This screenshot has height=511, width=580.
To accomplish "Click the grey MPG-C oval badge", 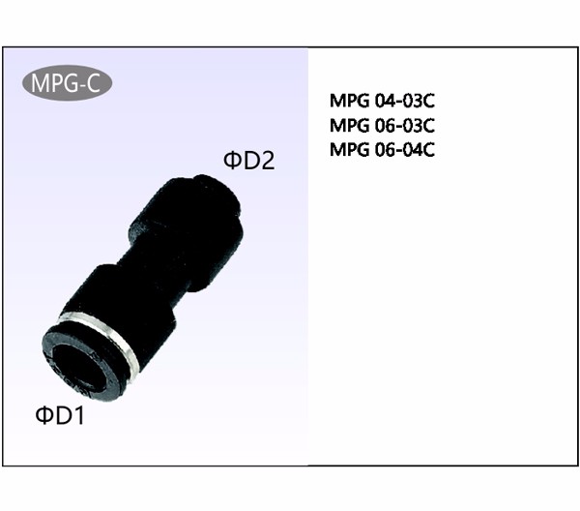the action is (x=67, y=83).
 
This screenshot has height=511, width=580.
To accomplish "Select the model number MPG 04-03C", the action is (x=382, y=101).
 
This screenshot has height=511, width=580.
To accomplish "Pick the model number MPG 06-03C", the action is (x=382, y=126).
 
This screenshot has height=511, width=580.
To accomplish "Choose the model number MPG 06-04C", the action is (x=382, y=150).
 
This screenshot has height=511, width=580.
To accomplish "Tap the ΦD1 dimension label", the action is (x=60, y=415).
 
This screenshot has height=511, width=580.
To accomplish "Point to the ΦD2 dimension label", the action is (x=249, y=161).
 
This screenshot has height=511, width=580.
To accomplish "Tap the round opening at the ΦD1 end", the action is (x=75, y=367).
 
